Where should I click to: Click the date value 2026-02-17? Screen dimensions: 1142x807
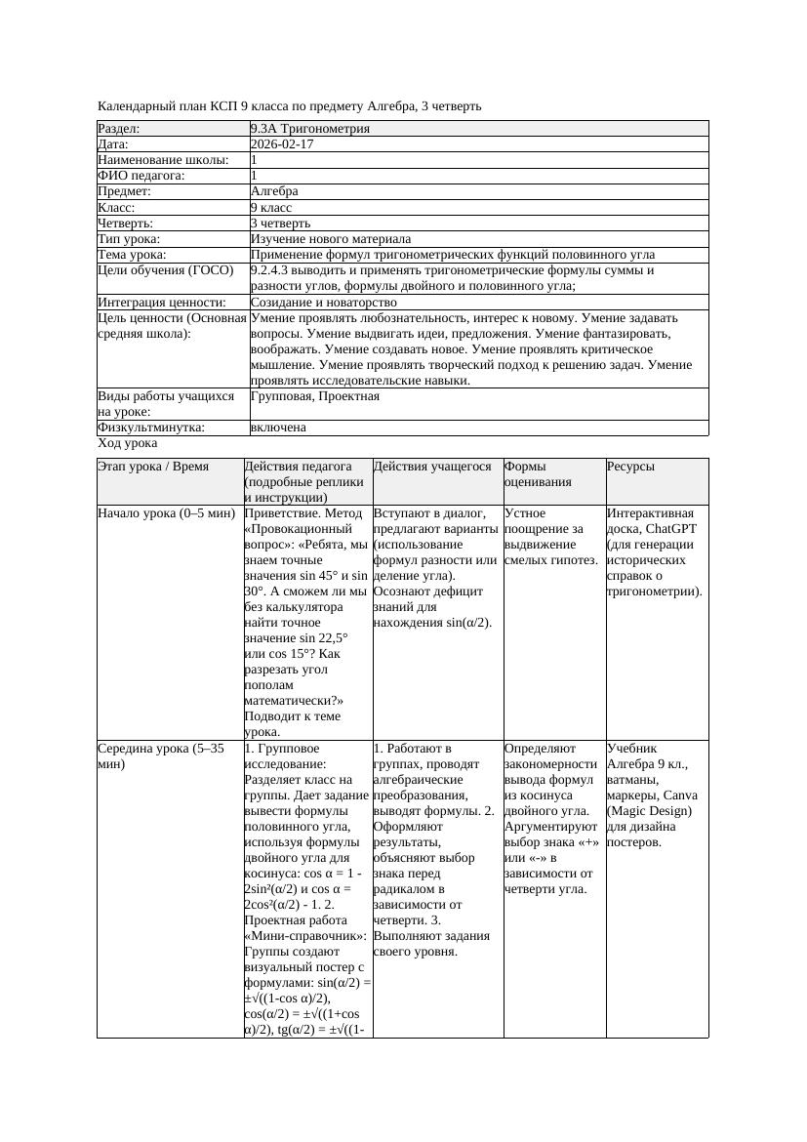(282, 144)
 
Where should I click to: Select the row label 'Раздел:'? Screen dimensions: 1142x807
(119, 129)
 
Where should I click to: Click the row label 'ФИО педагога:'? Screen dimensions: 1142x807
(141, 176)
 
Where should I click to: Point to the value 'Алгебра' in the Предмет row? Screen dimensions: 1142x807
(274, 191)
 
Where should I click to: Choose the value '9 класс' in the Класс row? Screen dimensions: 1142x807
(271, 208)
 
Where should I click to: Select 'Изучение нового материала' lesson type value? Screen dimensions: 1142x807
(331, 239)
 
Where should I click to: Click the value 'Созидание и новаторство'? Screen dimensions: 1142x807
(324, 303)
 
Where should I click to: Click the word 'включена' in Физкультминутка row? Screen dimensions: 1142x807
(278, 428)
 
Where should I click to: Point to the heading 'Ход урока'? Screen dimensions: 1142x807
(127, 443)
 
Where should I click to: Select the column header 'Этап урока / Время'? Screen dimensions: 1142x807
(153, 467)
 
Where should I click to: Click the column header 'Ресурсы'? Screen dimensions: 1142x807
(630, 467)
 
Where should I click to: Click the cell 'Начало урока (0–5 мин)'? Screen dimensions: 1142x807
(166, 512)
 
